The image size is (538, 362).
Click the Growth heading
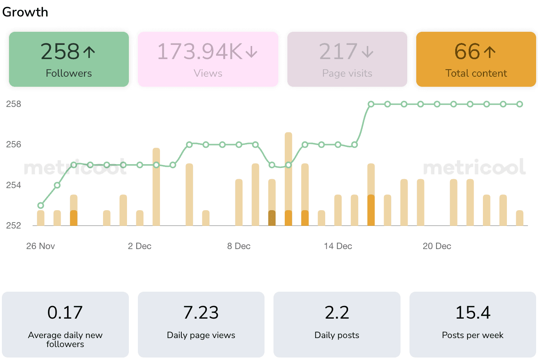tap(25, 12)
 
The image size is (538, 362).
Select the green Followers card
tap(69, 59)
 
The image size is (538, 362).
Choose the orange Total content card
tap(476, 59)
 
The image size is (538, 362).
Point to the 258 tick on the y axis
tap(13, 104)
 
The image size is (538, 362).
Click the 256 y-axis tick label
tap(13, 144)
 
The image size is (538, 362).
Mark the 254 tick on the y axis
tap(13, 185)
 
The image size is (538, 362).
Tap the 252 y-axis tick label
tap(13, 226)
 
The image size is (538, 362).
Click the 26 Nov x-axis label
tap(40, 246)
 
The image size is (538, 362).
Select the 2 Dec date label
tap(139, 246)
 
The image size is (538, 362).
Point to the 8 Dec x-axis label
tap(239, 246)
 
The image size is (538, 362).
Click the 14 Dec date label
tap(338, 246)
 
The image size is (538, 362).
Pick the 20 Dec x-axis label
tap(437, 246)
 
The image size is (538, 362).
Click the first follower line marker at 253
tap(41, 205)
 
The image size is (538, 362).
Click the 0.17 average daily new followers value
tap(65, 313)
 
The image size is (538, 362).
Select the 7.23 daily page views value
tap(201, 313)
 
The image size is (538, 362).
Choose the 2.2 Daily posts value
tap(337, 313)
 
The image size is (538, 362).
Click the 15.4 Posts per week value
tap(473, 313)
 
